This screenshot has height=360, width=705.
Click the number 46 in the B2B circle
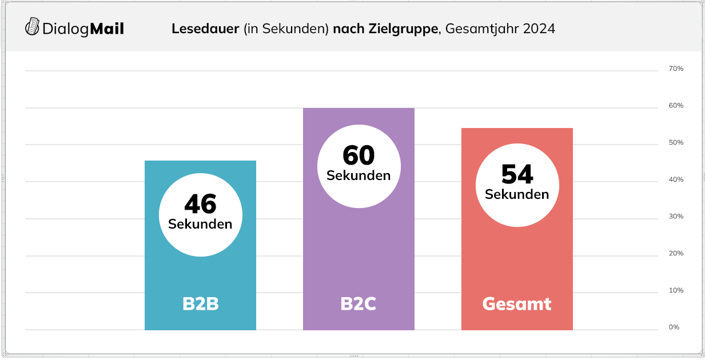(x=200, y=204)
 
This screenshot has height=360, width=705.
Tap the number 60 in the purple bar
(x=359, y=155)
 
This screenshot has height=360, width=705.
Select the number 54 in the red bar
(x=517, y=174)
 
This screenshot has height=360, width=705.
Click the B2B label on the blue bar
(x=200, y=304)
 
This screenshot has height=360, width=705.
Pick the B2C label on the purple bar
(x=359, y=304)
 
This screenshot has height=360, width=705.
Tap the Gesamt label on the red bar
(x=517, y=304)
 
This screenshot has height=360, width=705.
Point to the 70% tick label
(x=676, y=69)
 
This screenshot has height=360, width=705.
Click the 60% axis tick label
(x=676, y=106)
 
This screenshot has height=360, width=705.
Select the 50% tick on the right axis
(x=676, y=142)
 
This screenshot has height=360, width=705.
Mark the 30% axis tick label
(x=676, y=217)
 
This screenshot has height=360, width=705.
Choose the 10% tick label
(x=676, y=290)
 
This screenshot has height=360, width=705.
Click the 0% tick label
(x=674, y=327)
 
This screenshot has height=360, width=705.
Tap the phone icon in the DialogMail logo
(x=33, y=27)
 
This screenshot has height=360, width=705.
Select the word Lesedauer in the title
(x=205, y=29)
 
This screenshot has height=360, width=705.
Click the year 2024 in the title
(x=539, y=29)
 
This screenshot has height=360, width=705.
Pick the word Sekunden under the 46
(x=200, y=224)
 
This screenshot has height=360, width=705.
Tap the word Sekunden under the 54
(x=517, y=194)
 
